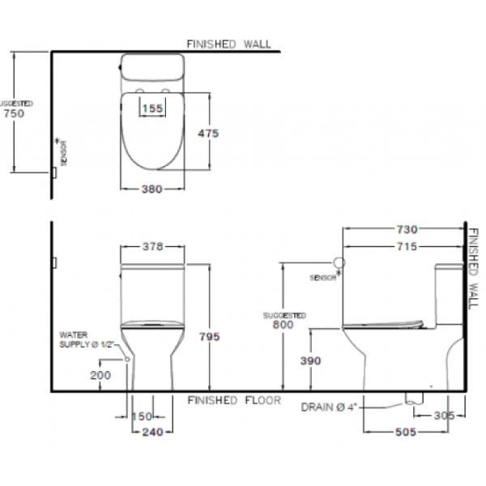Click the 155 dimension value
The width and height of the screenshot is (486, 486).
click(152, 109)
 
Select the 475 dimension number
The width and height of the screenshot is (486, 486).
click(208, 134)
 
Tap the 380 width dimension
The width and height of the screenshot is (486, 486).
click(152, 189)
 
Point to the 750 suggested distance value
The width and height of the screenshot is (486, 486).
click(14, 113)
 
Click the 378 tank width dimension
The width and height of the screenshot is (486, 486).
click(152, 246)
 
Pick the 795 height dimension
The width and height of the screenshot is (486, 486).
click(210, 336)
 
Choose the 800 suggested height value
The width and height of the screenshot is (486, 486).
click(283, 325)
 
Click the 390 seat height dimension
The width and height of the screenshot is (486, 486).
click(310, 360)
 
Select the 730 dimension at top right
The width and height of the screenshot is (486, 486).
click(407, 229)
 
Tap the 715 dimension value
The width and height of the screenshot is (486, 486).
click(407, 246)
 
